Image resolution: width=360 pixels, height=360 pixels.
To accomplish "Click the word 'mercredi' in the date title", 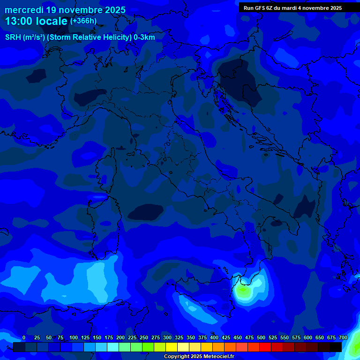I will (24, 10).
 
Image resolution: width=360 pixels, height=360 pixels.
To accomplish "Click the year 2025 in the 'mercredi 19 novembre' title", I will (115, 10).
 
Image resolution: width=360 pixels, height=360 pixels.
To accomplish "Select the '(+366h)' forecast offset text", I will (83, 21).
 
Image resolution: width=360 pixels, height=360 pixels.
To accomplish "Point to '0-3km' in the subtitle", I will (144, 37).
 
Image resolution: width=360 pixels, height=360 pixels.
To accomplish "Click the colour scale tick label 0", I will (24, 338).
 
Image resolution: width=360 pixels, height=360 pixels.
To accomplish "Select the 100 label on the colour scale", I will (73, 338).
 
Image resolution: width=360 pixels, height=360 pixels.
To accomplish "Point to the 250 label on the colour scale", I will (143, 338).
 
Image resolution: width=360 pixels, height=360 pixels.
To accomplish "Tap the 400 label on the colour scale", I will (214, 338).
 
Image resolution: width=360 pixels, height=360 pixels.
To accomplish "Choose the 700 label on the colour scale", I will (343, 338).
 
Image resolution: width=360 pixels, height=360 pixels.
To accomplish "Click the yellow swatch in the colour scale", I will (172, 347).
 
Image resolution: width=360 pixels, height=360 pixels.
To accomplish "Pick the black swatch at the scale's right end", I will (336, 347).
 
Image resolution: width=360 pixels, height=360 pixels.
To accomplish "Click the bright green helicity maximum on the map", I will (243, 291).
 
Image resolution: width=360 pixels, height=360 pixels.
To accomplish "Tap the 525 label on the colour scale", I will (272, 338).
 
